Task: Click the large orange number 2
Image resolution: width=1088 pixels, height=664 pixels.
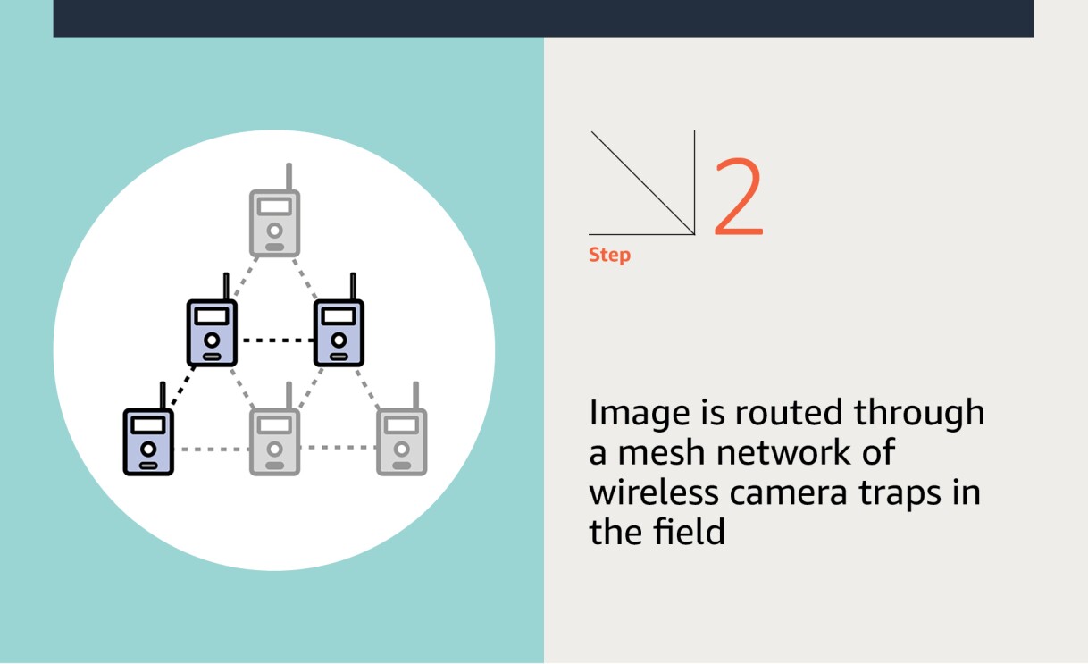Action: pos(738,198)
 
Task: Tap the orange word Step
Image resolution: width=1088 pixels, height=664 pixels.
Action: pos(609,256)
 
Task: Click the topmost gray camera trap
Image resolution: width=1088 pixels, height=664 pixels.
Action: pos(274,223)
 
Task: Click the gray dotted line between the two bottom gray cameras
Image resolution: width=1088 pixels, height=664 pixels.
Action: pos(339,447)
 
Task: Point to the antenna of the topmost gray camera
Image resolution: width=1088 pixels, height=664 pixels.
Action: pos(289,176)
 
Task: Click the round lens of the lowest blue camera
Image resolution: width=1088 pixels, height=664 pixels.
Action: pos(148,448)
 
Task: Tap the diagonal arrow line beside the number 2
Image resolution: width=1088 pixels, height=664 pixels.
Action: pos(642,183)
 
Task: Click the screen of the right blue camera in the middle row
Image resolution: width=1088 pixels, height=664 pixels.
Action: pos(339,316)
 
